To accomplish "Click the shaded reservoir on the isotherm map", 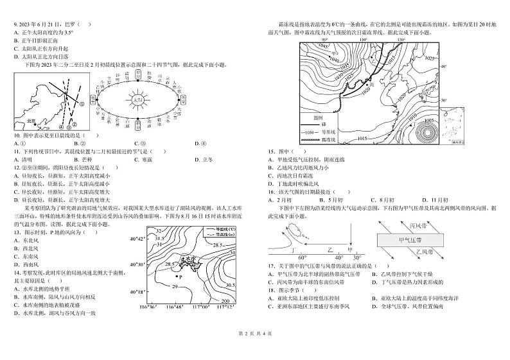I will [x=189, y=264].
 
